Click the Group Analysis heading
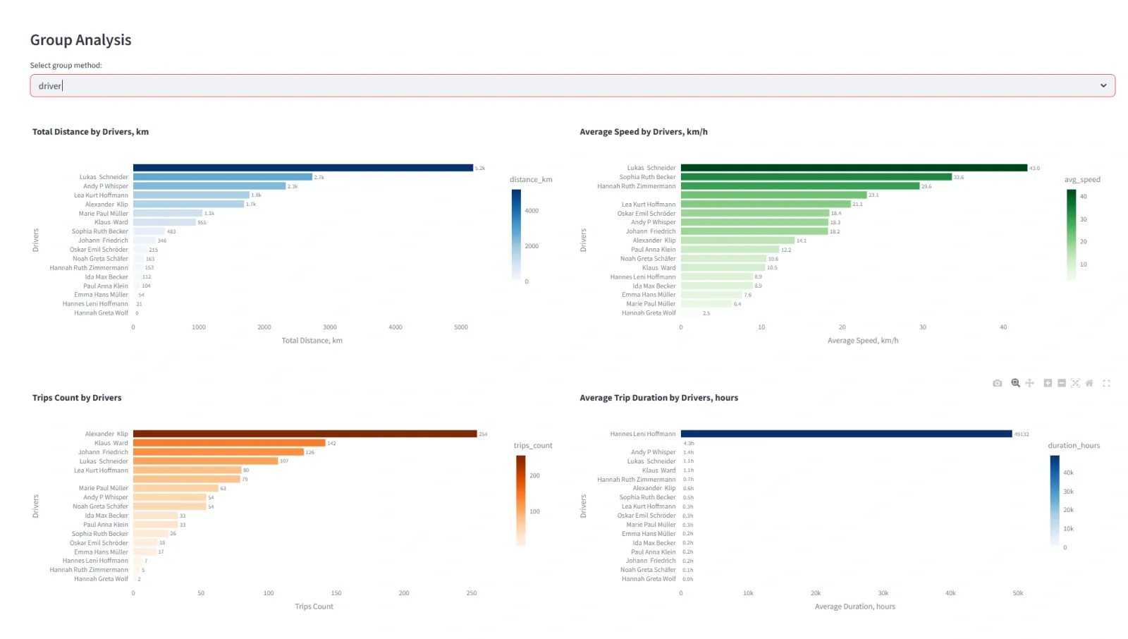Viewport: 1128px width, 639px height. click(80, 40)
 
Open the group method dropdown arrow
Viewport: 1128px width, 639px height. click(1103, 85)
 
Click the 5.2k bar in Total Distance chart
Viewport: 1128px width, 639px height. click(303, 168)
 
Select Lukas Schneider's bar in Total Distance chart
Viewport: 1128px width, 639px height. click(222, 177)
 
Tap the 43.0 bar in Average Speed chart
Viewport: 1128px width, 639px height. click(853, 168)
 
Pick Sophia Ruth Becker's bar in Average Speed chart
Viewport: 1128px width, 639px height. click(816, 177)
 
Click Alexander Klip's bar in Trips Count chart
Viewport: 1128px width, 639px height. click(305, 434)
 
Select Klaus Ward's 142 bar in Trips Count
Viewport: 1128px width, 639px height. click(229, 443)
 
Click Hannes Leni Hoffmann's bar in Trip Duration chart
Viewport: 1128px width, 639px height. click(846, 434)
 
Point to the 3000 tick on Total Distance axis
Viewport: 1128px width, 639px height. click(330, 327)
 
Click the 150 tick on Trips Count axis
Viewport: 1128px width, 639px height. click(336, 593)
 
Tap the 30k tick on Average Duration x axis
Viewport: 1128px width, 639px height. click(883, 593)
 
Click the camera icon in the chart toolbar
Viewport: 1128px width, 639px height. click(997, 383)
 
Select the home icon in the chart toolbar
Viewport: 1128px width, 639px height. click(1089, 383)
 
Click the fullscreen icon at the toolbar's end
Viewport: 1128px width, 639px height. click(1106, 383)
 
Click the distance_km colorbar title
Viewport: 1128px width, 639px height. click(531, 180)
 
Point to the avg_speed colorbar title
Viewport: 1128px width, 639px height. click(1081, 180)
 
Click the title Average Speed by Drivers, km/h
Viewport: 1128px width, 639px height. click(643, 132)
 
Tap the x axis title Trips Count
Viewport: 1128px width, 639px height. click(314, 607)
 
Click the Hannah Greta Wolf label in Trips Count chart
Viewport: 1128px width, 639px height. click(101, 579)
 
